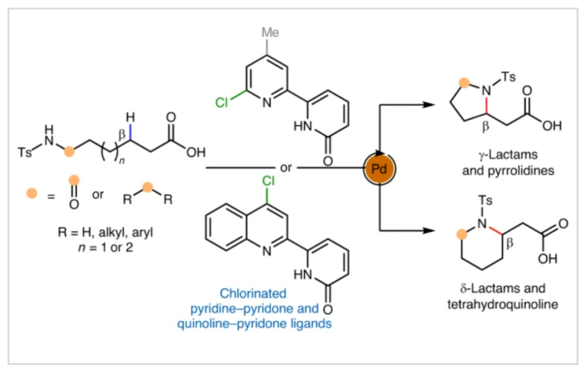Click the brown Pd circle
click(x=378, y=166)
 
